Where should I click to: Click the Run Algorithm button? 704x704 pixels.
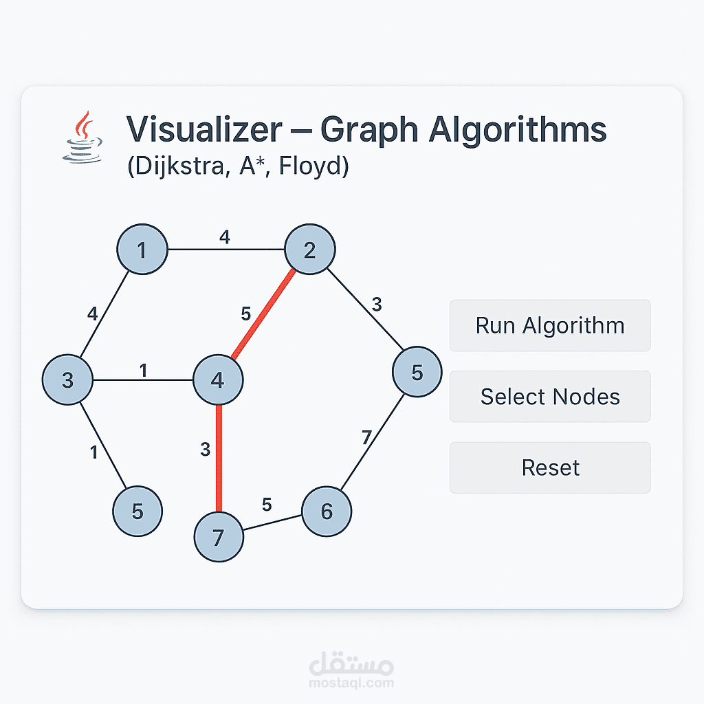pyautogui.click(x=550, y=325)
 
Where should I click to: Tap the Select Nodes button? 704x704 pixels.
pyautogui.click(x=550, y=397)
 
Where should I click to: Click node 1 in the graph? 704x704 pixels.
pyautogui.click(x=142, y=249)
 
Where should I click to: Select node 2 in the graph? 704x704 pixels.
pyautogui.click(x=310, y=249)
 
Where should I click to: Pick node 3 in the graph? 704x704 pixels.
pyautogui.click(x=67, y=379)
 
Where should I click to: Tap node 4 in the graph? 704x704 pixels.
pyautogui.click(x=218, y=379)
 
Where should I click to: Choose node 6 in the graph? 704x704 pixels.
pyautogui.click(x=327, y=511)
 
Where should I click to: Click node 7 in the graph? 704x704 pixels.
pyautogui.click(x=219, y=537)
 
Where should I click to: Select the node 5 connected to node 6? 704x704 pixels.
pyautogui.click(x=417, y=372)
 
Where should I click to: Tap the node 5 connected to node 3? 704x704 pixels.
pyautogui.click(x=137, y=511)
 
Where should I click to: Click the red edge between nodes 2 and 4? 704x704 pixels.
pyautogui.click(x=263, y=313)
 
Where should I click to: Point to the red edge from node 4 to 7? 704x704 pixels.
pyautogui.click(x=219, y=459)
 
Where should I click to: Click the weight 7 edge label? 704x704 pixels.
pyautogui.click(x=367, y=437)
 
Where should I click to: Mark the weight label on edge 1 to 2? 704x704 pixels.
pyautogui.click(x=225, y=236)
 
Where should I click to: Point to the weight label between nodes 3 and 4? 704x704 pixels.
pyautogui.click(x=143, y=371)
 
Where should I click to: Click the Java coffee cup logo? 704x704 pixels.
pyautogui.click(x=82, y=137)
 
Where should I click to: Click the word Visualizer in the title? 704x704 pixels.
pyautogui.click(x=204, y=129)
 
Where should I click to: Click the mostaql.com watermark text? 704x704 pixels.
pyautogui.click(x=351, y=683)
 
